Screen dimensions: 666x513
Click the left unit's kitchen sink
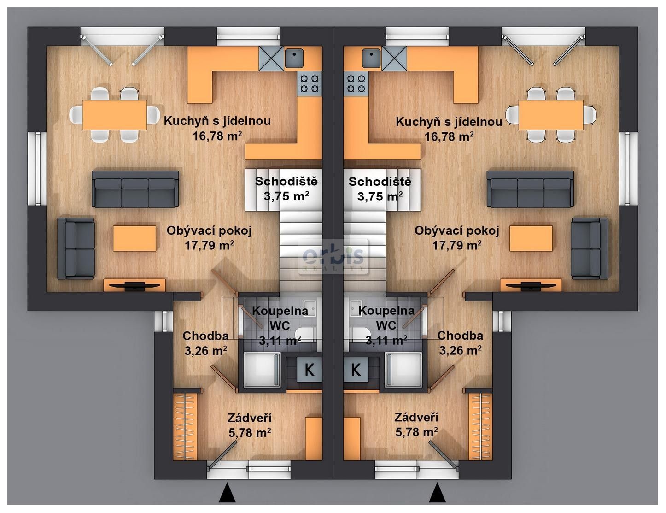pyautogui.click(x=294, y=58)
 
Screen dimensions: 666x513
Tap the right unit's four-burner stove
pyautogui.click(x=356, y=84)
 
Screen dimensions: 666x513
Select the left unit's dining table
pyautogui.click(x=114, y=115)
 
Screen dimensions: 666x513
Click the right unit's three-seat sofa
pyautogui.click(x=530, y=189)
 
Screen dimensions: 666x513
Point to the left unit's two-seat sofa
pyautogui.click(x=76, y=249)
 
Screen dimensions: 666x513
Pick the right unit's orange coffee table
pyautogui.click(x=531, y=239)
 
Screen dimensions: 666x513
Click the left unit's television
pyautogui.click(x=135, y=286)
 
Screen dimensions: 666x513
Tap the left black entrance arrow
pyautogui.click(x=227, y=492)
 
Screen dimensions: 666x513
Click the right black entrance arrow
pyautogui.click(x=437, y=492)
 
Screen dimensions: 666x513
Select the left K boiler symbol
pyautogui.click(x=310, y=370)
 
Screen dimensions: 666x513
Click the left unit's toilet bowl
pyautogui.click(x=304, y=334)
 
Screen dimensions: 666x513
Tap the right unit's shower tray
pyautogui.click(x=403, y=370)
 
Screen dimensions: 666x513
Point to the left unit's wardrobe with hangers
pyautogui.click(x=185, y=426)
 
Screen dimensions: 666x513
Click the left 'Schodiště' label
pyautogui.click(x=286, y=181)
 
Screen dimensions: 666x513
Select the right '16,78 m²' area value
pyautogui.click(x=449, y=136)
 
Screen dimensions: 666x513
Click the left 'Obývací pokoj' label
pyautogui.click(x=209, y=230)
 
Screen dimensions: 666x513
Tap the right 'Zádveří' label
pyautogui.click(x=416, y=417)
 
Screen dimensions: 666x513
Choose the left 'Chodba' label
pyautogui.click(x=206, y=336)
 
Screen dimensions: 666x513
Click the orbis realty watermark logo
pyautogui.click(x=333, y=257)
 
